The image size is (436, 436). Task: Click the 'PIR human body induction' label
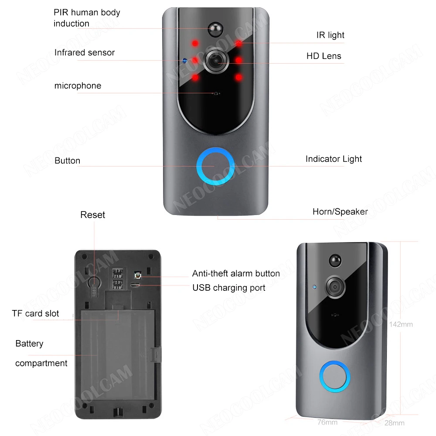(x=87, y=18)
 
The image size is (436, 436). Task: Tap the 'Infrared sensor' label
(x=85, y=53)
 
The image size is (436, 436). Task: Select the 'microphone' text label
(x=78, y=86)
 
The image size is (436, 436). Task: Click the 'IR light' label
(x=330, y=35)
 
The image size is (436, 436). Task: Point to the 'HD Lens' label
(x=324, y=56)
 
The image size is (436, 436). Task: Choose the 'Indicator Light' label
(x=334, y=159)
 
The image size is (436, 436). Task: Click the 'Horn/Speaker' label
(x=340, y=212)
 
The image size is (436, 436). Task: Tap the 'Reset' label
(x=92, y=215)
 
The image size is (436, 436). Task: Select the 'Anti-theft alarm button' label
(x=236, y=273)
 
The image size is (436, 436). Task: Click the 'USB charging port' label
(x=229, y=288)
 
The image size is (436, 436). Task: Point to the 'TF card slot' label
(x=35, y=313)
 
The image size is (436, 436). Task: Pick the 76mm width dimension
(x=327, y=422)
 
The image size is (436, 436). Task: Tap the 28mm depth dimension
(x=395, y=423)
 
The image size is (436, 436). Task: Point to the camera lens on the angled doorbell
(x=336, y=286)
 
